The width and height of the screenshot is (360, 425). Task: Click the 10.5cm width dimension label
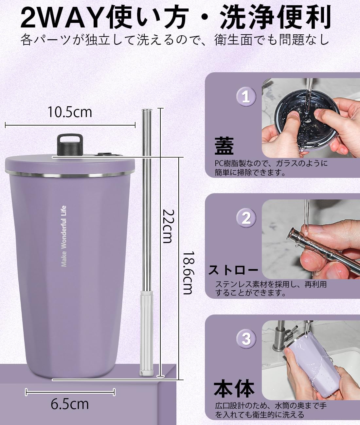click(x=70, y=112)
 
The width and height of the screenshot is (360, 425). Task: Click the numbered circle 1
click(x=246, y=97)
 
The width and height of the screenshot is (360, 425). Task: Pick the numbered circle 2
click(x=246, y=218)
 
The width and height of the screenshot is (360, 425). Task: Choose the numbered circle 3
click(x=246, y=339)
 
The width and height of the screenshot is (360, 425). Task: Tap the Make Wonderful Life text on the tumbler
click(x=64, y=236)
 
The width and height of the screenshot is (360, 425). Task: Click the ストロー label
click(x=233, y=270)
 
